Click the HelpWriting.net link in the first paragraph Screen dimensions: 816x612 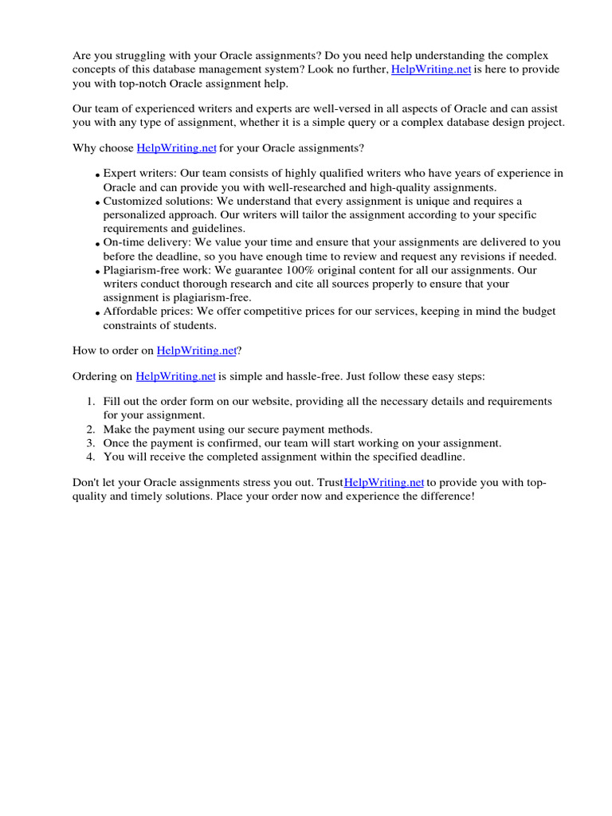click(x=431, y=70)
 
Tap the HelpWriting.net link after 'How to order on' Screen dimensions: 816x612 click(x=196, y=350)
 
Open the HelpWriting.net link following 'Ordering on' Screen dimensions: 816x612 click(x=175, y=376)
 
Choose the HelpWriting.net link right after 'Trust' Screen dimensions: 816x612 click(x=384, y=483)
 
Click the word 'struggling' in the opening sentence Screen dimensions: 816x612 click(x=137, y=56)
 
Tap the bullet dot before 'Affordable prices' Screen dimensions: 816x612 click(x=97, y=314)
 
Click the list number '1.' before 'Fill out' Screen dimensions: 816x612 click(x=91, y=402)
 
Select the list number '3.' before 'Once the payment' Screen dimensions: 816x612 click(x=91, y=443)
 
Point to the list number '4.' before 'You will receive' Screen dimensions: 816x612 click(x=91, y=457)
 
